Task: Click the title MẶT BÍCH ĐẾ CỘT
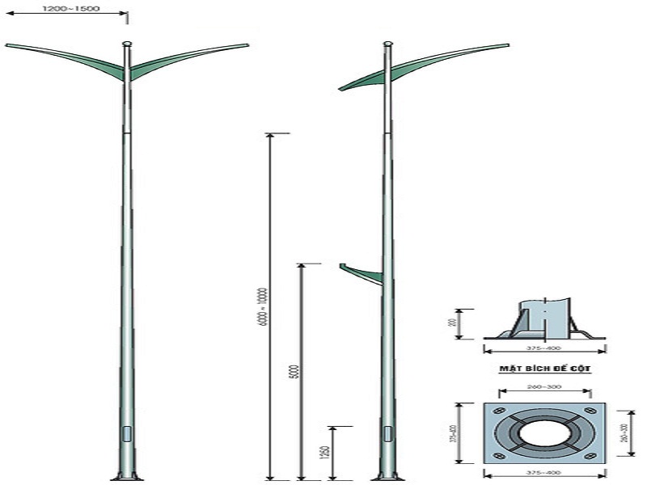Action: click(544, 368)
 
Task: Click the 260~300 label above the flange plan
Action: click(543, 386)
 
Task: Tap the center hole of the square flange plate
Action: click(543, 434)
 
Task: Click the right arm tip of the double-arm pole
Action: click(245, 45)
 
